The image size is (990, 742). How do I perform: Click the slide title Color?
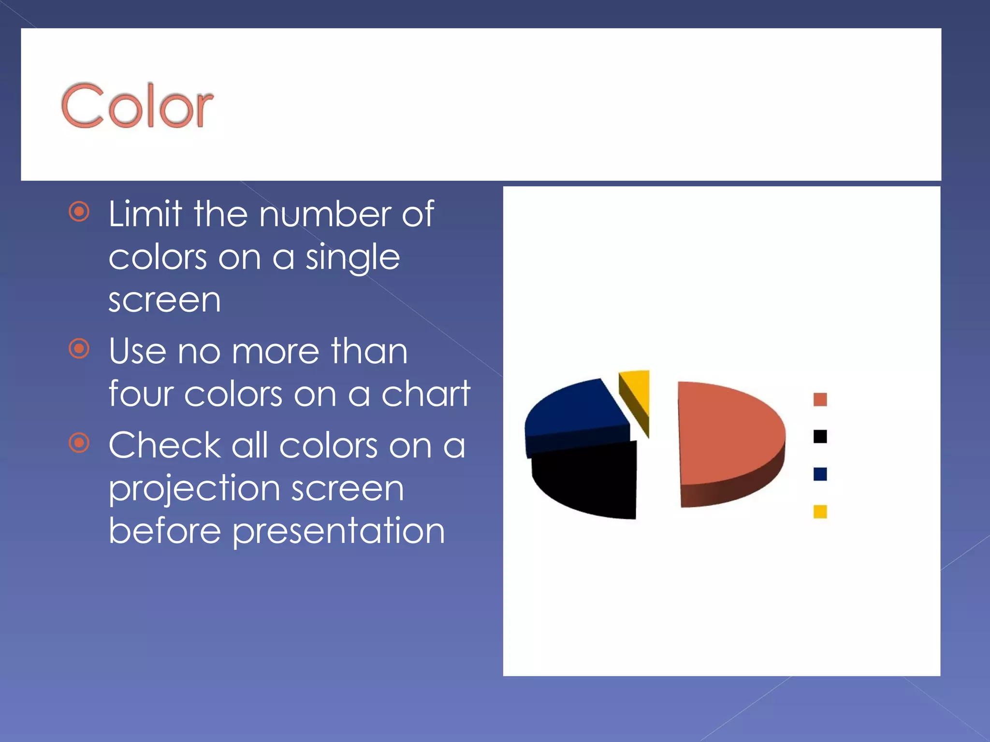[x=137, y=106]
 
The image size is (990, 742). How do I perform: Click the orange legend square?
[x=820, y=400]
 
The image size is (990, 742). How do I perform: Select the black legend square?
[x=820, y=437]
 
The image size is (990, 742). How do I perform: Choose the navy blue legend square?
[x=820, y=474]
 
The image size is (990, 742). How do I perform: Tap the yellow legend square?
[x=820, y=511]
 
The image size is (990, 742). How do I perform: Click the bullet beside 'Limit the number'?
[x=79, y=212]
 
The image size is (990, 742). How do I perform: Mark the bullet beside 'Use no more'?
[x=79, y=349]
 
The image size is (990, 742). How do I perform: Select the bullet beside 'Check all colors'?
[x=79, y=443]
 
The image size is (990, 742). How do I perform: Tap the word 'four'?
[x=141, y=394]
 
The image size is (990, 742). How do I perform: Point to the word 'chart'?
[x=425, y=394]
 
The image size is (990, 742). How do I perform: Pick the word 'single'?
[x=352, y=258]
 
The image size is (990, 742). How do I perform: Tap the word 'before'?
[x=164, y=530]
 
